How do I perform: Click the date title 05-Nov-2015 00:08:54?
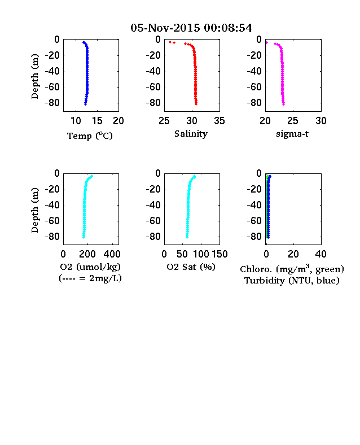[191, 28]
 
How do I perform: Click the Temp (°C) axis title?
[90, 136]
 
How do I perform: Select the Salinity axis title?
[191, 134]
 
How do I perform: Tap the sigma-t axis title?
[292, 134]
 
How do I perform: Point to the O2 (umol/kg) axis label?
[90, 267]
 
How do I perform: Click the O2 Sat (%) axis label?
[191, 267]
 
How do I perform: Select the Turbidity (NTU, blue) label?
[292, 281]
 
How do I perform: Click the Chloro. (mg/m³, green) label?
[292, 268]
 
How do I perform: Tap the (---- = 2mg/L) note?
[90, 278]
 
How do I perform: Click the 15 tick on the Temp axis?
[97, 121]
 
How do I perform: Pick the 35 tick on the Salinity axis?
[219, 121]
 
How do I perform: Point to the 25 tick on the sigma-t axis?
[293, 121]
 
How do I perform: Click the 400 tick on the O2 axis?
[112, 254]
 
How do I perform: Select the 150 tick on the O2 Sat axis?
[219, 254]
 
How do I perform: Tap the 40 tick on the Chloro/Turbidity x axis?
[321, 254]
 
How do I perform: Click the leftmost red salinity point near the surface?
[170, 42]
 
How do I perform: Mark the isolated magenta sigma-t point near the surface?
[266, 42]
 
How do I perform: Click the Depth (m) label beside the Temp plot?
[34, 76]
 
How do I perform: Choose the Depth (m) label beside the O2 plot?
[34, 210]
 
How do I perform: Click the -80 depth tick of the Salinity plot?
[153, 103]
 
